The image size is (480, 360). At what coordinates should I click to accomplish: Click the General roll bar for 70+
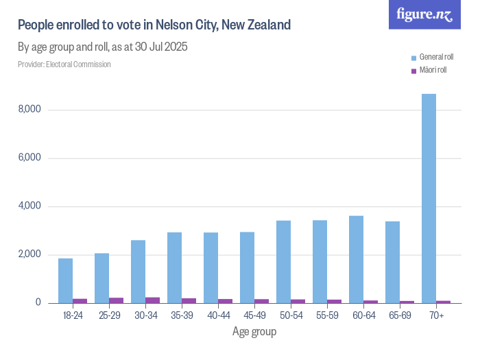tap(429, 199)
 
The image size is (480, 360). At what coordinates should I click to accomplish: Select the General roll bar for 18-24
tap(65, 281)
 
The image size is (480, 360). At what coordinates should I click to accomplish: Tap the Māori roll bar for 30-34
tap(152, 300)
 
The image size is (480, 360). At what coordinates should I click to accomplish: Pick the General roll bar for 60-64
tap(356, 260)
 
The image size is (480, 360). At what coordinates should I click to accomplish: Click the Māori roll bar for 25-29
tap(116, 300)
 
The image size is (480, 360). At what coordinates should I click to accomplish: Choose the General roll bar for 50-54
tap(283, 262)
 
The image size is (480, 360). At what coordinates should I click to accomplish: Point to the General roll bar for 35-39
tap(174, 268)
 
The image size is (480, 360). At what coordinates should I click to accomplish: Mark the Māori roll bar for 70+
tap(443, 302)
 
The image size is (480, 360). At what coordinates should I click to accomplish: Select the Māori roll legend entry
tap(429, 70)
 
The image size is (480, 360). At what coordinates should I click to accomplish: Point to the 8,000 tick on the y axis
tap(29, 110)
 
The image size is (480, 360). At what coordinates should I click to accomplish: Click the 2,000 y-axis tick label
tap(29, 255)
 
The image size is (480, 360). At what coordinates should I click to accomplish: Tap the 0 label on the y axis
tap(38, 303)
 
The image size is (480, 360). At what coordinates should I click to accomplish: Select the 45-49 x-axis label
tap(254, 316)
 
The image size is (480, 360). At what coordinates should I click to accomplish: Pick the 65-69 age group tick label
tap(400, 316)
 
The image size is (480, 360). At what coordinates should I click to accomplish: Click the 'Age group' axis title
tap(254, 332)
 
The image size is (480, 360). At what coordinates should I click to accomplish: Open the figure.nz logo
tap(424, 14)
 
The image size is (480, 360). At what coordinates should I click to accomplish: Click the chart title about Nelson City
tap(154, 25)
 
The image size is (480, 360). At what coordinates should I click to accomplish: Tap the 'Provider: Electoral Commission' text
tap(64, 64)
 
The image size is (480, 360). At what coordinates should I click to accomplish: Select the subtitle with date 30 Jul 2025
tap(103, 47)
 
